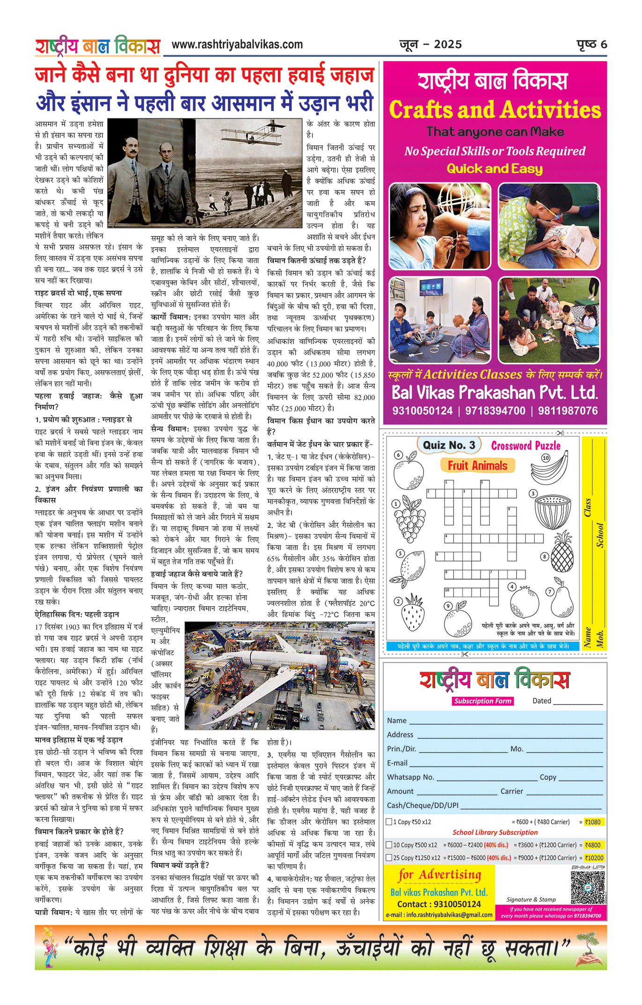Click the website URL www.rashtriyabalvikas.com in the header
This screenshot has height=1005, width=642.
coord(237,45)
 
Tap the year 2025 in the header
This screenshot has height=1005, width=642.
coord(448,44)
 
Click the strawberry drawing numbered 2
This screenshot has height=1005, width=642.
coord(413,612)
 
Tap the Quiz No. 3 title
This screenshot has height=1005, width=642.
coord(449,445)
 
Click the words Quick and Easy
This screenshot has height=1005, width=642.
coord(495,169)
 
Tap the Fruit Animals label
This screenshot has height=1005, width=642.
coord(477,465)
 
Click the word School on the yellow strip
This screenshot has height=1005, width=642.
coord(599,535)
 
